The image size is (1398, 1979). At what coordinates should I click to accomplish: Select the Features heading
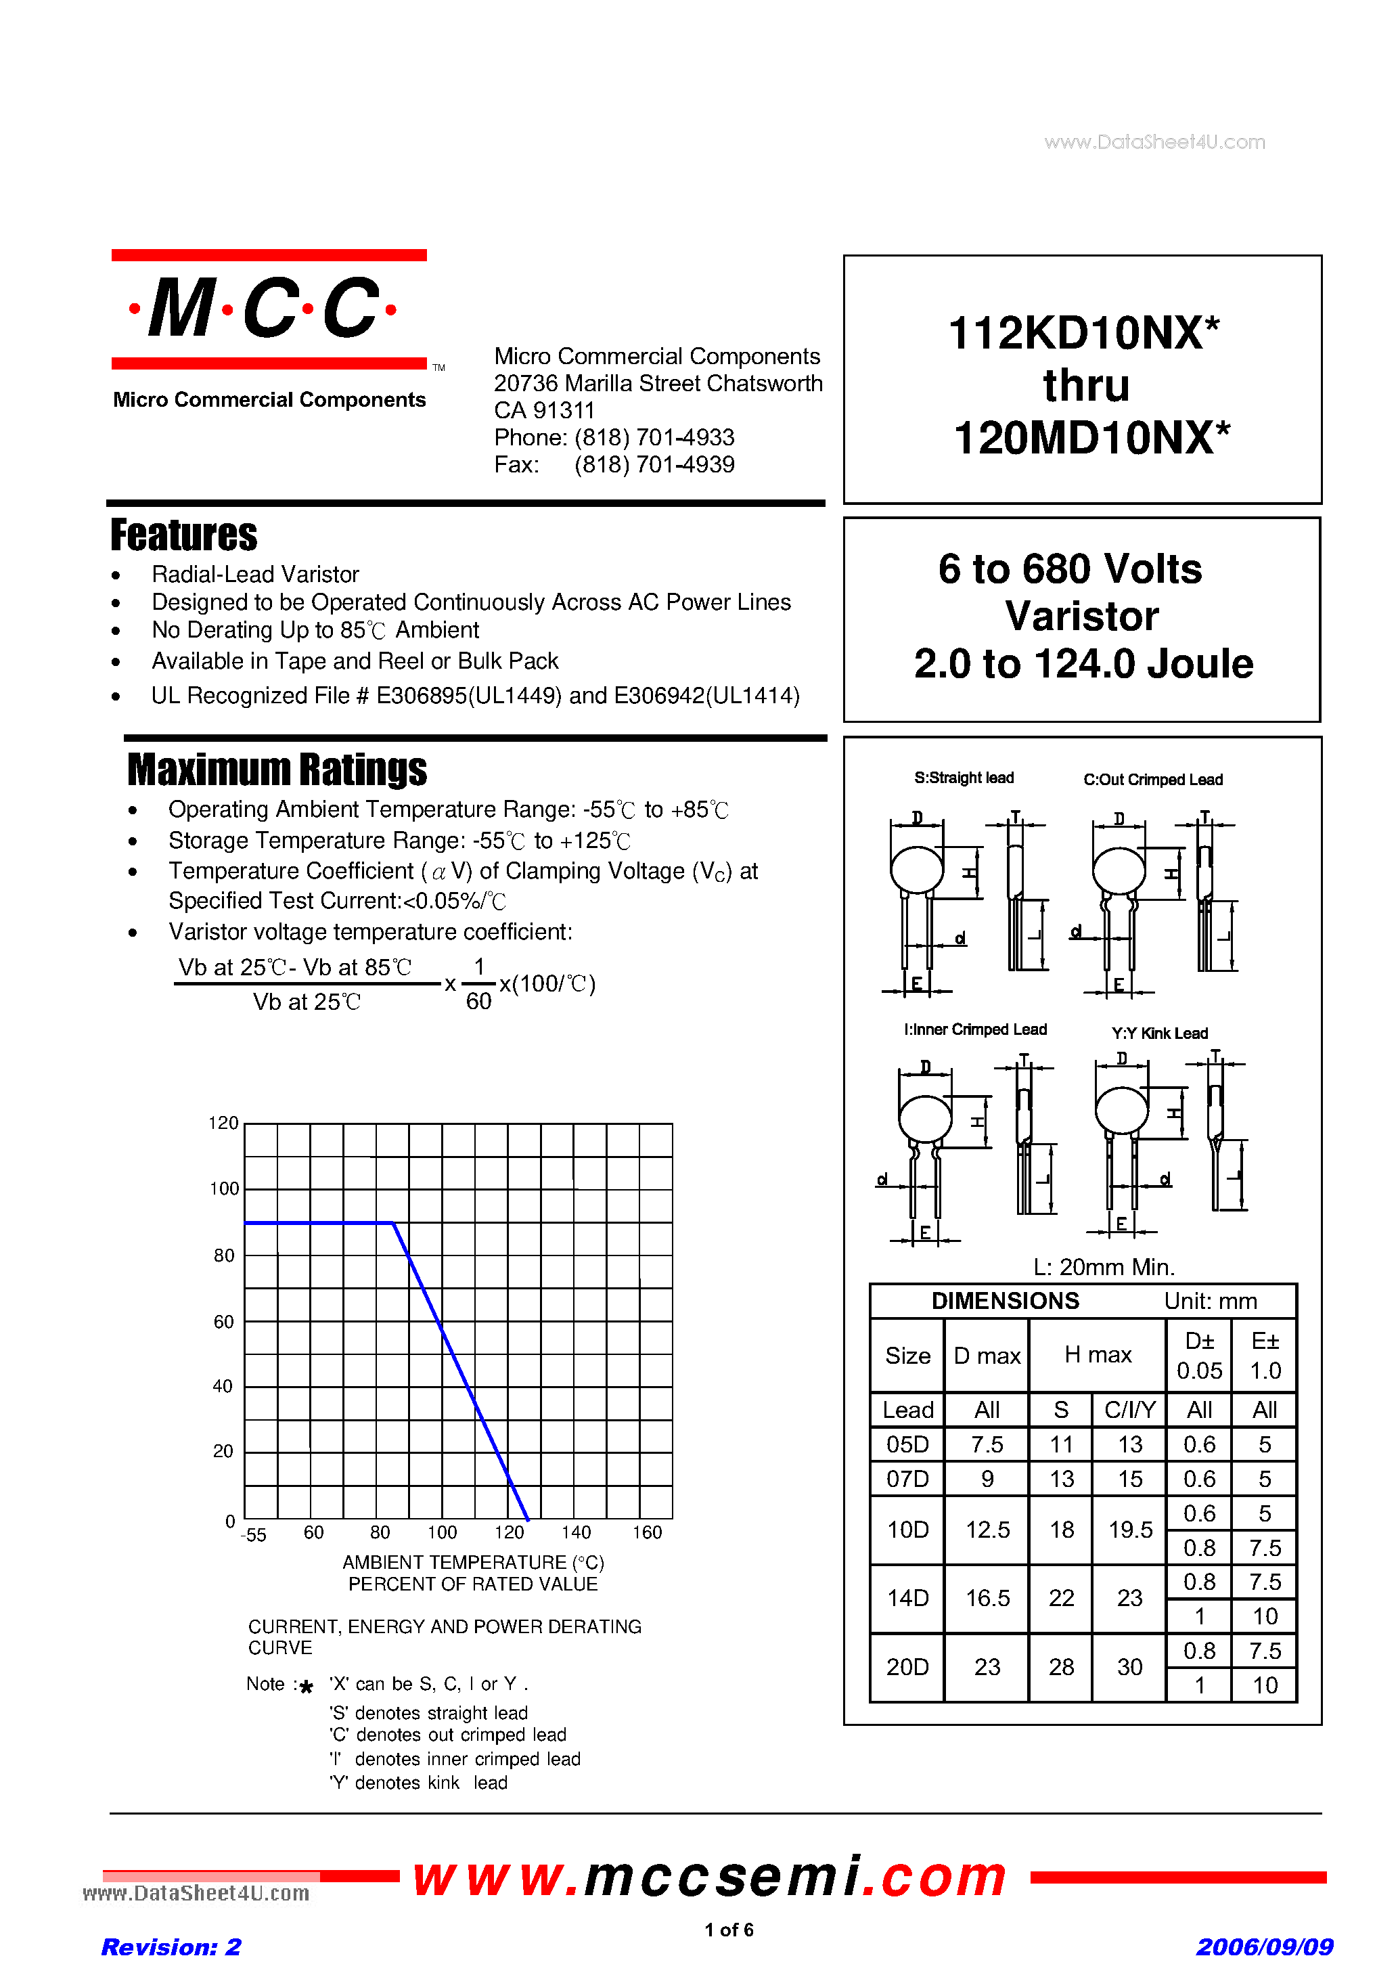pyautogui.click(x=183, y=535)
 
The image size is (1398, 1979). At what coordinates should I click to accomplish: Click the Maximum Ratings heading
pyautogui.click(x=277, y=770)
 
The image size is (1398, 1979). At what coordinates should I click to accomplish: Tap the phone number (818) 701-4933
pyautogui.click(x=654, y=437)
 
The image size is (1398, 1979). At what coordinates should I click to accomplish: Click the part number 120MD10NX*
pyautogui.click(x=1091, y=438)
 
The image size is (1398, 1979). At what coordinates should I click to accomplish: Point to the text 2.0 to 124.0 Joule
pyautogui.click(x=1083, y=664)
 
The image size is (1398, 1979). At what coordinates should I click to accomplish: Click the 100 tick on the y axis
pyautogui.click(x=224, y=1188)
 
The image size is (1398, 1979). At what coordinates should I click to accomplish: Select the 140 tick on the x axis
pyautogui.click(x=576, y=1532)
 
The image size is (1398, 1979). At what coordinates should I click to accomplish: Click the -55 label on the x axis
pyautogui.click(x=253, y=1534)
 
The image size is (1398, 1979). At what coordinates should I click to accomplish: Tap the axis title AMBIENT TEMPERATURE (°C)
pyautogui.click(x=473, y=1562)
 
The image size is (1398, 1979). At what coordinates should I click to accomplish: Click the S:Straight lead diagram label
pyautogui.click(x=964, y=778)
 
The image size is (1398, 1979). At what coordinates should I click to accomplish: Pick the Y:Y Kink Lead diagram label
pyautogui.click(x=1159, y=1033)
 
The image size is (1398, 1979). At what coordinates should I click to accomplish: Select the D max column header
pyautogui.click(x=987, y=1356)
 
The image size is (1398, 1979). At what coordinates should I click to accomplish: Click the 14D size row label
pyautogui.click(x=907, y=1598)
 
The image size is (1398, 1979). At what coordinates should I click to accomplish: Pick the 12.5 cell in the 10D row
pyautogui.click(x=987, y=1529)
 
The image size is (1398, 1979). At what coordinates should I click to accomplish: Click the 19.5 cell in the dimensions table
pyautogui.click(x=1130, y=1529)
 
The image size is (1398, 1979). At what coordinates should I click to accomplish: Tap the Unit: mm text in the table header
pyautogui.click(x=1210, y=1301)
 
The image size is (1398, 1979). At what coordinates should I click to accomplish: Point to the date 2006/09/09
pyautogui.click(x=1263, y=1947)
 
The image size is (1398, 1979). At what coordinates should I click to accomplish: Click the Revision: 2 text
pyautogui.click(x=171, y=1947)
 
